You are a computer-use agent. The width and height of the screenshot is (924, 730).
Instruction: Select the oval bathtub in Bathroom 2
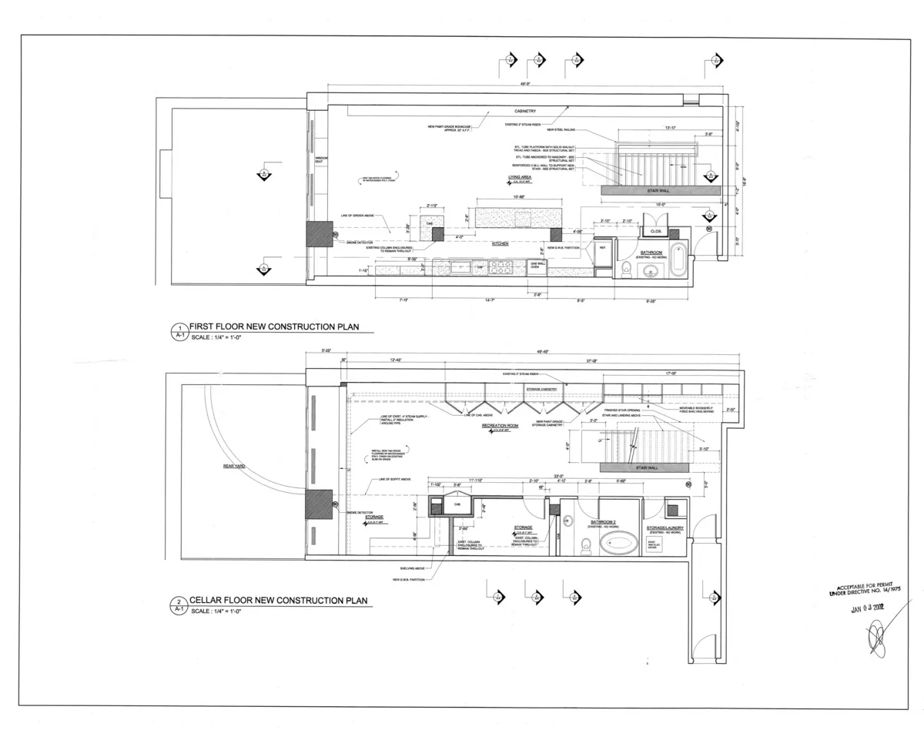pos(619,543)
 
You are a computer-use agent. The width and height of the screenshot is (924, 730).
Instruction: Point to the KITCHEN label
pos(500,243)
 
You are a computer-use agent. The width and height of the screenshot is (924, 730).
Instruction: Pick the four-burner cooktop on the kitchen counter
pos(501,267)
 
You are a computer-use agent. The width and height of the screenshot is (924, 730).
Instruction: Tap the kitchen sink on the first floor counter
pos(462,267)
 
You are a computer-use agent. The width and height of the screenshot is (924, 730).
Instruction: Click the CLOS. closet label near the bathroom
pos(656,230)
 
